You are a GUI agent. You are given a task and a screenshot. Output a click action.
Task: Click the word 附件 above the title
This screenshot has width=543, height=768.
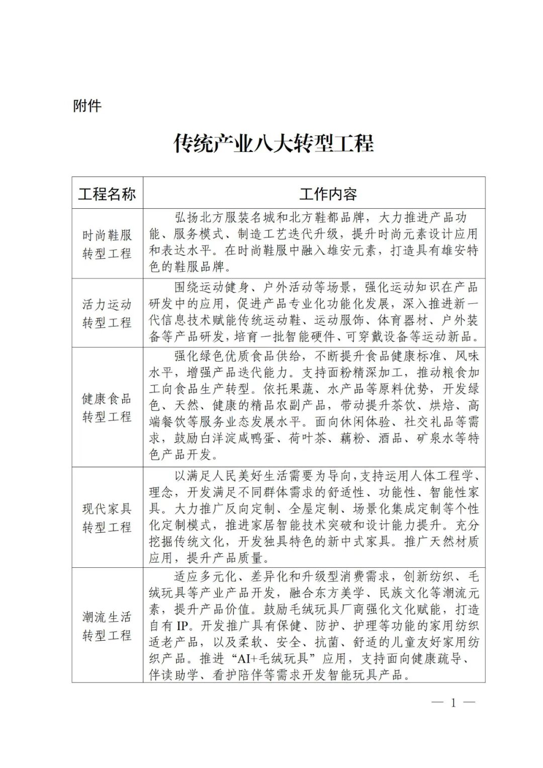pos(87,106)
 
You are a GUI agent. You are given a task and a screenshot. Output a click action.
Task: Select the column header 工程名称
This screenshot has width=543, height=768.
pos(107,194)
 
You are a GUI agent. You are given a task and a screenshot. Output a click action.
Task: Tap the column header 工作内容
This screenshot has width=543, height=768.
pos(328,194)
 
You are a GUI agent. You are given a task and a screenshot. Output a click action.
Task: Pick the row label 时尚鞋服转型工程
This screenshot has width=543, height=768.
pos(107,243)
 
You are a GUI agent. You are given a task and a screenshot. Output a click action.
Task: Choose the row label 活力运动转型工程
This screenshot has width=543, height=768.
pos(107,313)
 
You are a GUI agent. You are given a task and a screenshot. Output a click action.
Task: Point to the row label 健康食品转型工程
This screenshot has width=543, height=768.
pos(107,407)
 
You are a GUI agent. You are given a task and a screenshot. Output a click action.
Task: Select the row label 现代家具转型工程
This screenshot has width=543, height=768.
pos(107,518)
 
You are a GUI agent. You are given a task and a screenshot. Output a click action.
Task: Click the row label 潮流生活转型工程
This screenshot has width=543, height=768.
pos(107,626)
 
